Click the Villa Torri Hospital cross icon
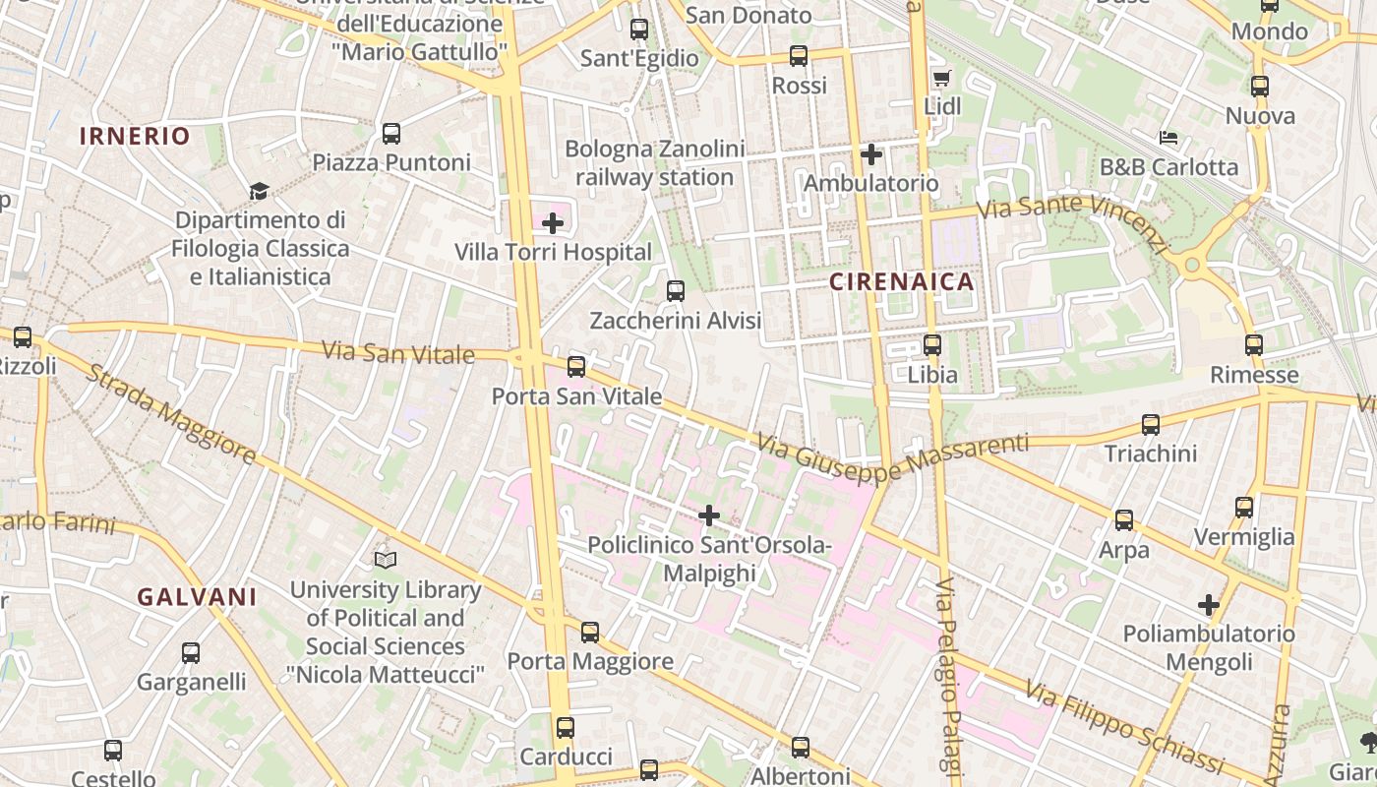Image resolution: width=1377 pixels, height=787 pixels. [x=553, y=223]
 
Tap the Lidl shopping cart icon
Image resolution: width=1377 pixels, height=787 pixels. [x=941, y=78]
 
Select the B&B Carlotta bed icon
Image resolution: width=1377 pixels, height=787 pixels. [x=1168, y=138]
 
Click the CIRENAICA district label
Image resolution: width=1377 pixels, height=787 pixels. [x=902, y=282]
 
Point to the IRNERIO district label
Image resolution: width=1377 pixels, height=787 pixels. [x=135, y=137]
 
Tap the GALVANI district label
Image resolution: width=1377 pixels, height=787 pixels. [x=197, y=597]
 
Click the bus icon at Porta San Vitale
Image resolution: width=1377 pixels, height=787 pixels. [x=576, y=367]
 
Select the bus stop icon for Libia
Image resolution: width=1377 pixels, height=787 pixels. [x=931, y=345]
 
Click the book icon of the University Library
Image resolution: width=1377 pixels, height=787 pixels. [x=386, y=561]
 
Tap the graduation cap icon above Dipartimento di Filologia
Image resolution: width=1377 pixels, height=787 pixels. [x=259, y=191]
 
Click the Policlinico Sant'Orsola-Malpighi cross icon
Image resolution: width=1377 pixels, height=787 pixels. [x=709, y=515]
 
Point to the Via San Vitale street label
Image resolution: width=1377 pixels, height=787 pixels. [x=398, y=352]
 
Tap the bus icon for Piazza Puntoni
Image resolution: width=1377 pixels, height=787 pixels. [x=391, y=133]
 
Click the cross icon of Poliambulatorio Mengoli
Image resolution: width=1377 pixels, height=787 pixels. [x=1209, y=604]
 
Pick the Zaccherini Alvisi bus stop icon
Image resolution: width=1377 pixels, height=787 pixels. [x=675, y=291]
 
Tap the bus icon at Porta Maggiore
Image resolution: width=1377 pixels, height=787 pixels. [x=589, y=632]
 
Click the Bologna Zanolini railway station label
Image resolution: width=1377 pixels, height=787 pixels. [x=654, y=163]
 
